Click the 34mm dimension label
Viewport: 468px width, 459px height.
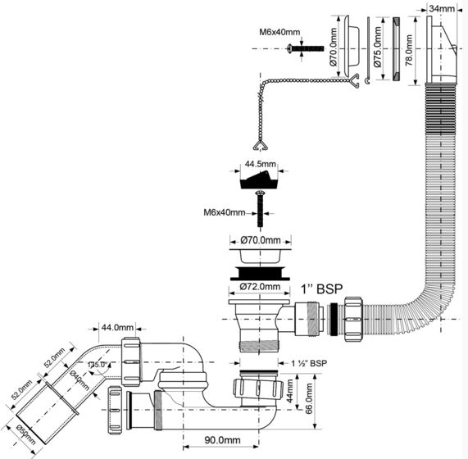(x=442, y=9)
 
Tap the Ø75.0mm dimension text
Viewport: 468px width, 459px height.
(x=378, y=47)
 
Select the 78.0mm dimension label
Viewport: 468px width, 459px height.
(x=409, y=50)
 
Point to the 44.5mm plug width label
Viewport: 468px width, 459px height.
(x=261, y=164)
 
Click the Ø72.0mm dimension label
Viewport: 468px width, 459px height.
(x=261, y=287)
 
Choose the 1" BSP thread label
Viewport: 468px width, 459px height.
(x=321, y=289)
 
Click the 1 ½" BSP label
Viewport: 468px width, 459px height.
(x=309, y=363)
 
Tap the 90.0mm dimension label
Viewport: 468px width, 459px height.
(x=222, y=440)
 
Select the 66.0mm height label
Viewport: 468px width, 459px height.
(x=309, y=398)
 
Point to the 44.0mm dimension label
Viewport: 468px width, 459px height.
(x=117, y=327)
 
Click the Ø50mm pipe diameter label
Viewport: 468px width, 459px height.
(x=26, y=434)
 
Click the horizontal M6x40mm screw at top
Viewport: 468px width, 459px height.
(x=306, y=48)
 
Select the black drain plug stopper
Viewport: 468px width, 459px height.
(x=259, y=180)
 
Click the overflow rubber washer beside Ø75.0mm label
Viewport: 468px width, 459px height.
(x=397, y=48)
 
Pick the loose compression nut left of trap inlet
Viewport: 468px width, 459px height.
(x=115, y=410)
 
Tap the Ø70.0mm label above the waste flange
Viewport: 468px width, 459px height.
(x=261, y=240)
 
